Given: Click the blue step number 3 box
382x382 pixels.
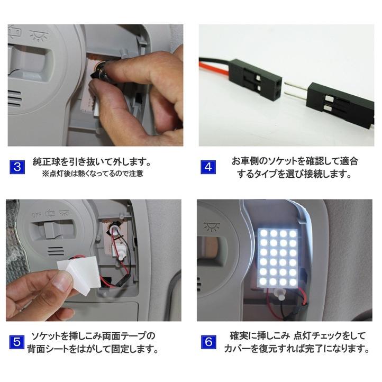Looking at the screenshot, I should tap(17, 168).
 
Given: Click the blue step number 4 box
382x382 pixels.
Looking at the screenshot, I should tap(208, 168).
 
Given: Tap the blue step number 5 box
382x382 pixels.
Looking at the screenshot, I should tap(17, 342).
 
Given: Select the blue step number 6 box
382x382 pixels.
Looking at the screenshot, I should tap(208, 342).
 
